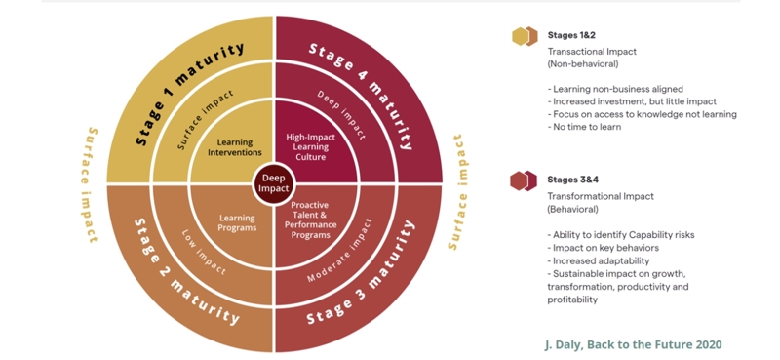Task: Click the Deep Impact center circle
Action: point(274,182)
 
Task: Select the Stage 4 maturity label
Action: point(361,85)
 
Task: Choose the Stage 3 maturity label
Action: point(363,282)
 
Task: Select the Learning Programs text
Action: point(237,222)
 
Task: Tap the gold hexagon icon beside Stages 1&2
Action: point(525,37)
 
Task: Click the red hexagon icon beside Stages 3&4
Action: point(525,180)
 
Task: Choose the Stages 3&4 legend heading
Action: point(571,180)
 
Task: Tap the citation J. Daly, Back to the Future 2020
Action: point(633,344)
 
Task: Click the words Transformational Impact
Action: point(600,196)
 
